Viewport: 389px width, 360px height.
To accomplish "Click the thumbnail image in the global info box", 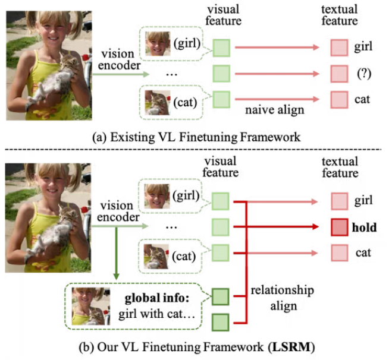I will [x=90, y=305].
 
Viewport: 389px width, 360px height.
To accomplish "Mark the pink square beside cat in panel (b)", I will [x=338, y=253].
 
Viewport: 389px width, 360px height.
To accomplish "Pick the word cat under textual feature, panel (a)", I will [x=361, y=99].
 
